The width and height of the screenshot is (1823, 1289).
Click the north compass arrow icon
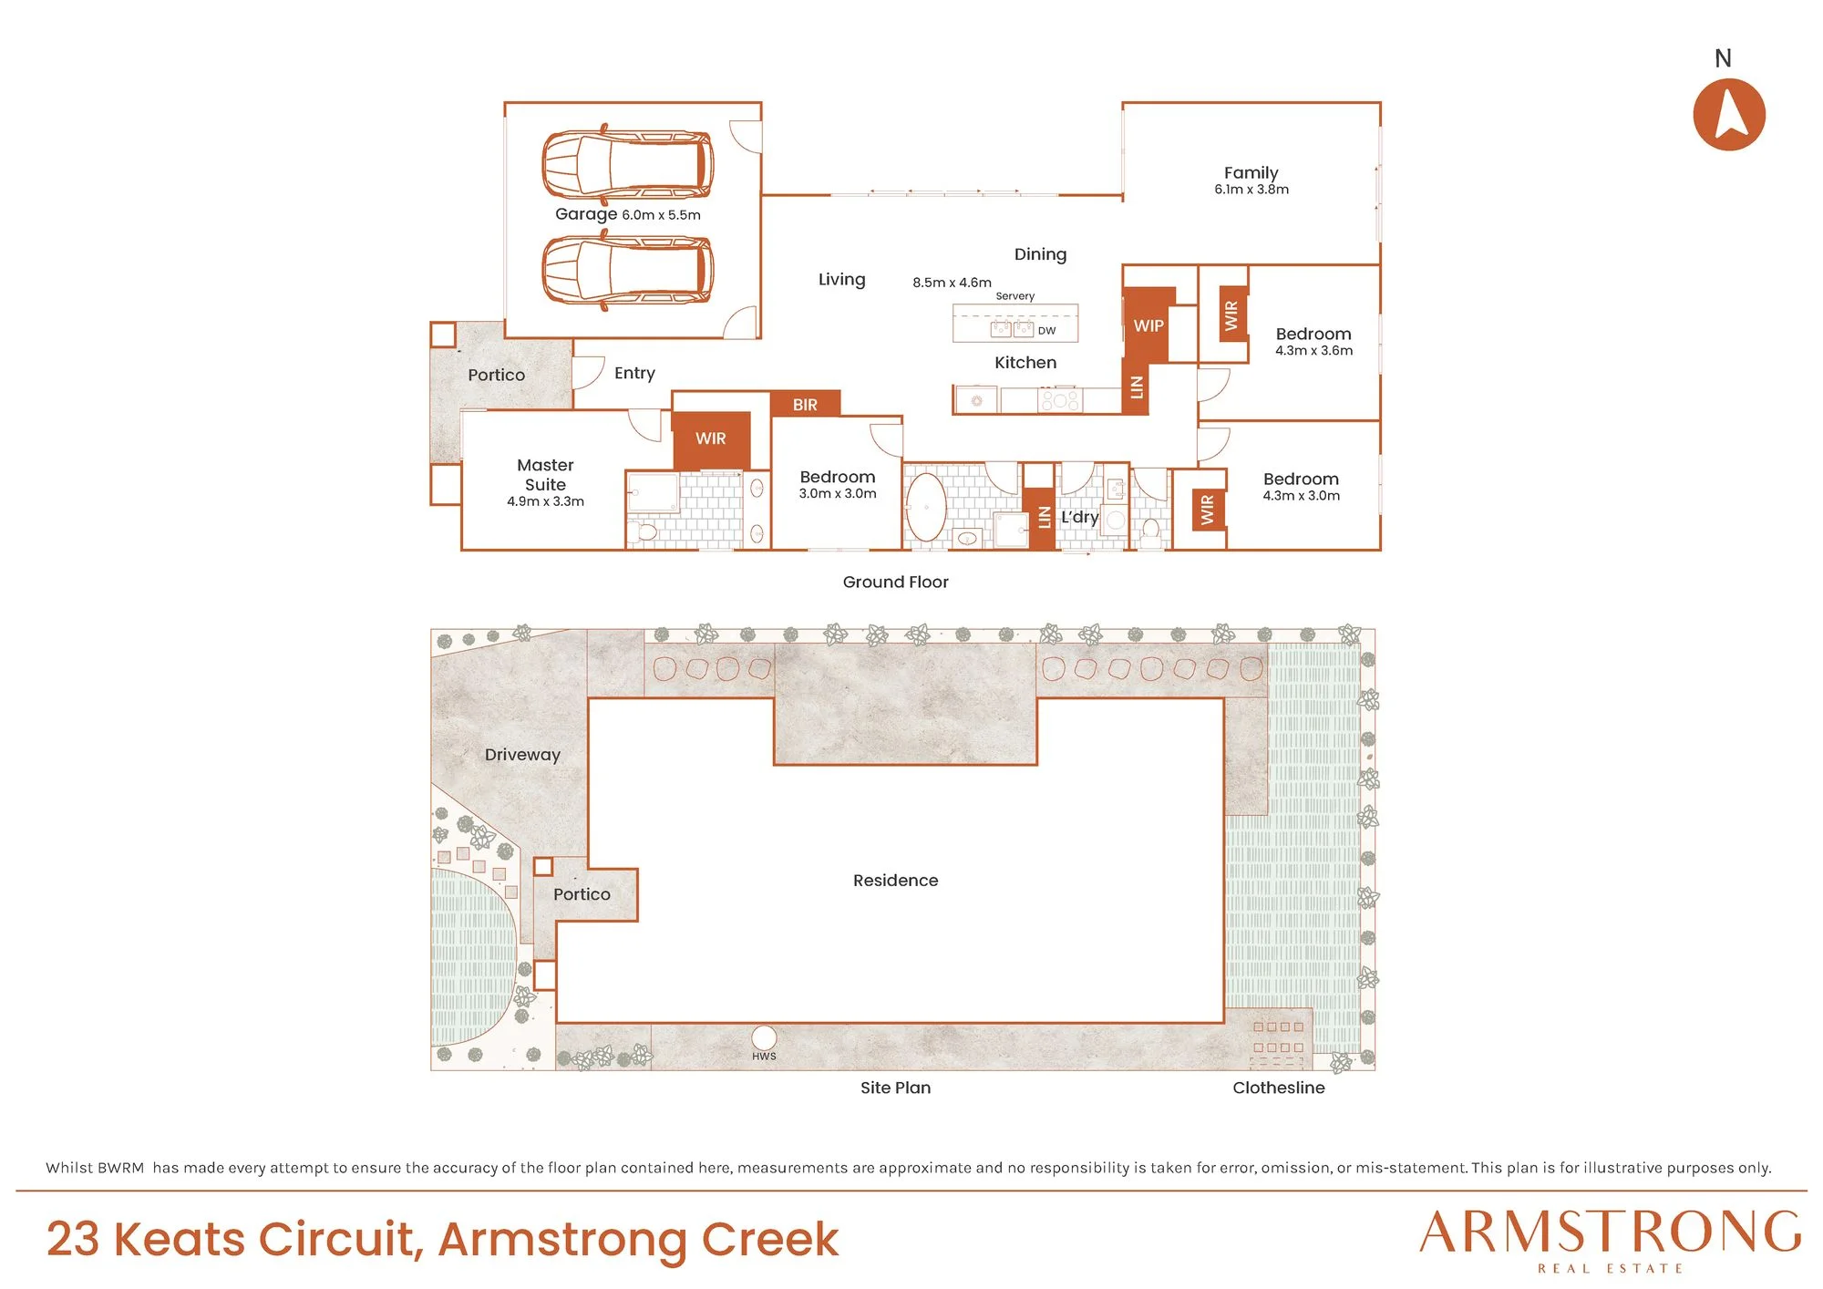(x=1729, y=114)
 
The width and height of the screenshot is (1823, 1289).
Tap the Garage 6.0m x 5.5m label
(x=628, y=214)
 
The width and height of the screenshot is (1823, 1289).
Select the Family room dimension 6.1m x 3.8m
(x=1251, y=190)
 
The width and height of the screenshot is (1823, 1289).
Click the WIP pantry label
(x=1148, y=325)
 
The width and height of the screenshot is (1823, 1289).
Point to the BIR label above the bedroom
(x=805, y=405)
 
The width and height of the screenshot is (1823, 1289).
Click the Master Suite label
(x=545, y=475)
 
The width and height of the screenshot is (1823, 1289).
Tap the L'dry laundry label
(x=1079, y=517)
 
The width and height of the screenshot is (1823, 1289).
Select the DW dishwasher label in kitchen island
(x=1046, y=331)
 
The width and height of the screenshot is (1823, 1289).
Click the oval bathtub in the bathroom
(x=926, y=507)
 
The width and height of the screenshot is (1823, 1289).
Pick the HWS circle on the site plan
(x=764, y=1037)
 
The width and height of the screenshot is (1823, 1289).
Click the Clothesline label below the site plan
(x=1279, y=1088)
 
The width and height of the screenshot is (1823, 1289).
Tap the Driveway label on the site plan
(x=522, y=755)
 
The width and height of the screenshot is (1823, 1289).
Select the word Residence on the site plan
(x=895, y=881)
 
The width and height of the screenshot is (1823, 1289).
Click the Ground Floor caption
(x=895, y=582)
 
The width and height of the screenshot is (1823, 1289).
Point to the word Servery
(x=1015, y=296)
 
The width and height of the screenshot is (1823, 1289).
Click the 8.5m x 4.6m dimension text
(x=952, y=283)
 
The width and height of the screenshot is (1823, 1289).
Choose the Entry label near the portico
(x=634, y=373)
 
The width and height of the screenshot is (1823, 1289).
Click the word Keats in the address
(x=179, y=1239)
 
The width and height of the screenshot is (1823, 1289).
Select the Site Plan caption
(x=895, y=1088)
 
